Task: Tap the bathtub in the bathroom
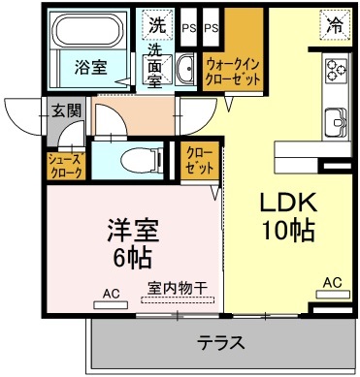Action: pyautogui.click(x=91, y=32)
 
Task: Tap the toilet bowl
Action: pyautogui.click(x=135, y=158)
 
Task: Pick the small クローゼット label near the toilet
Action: pyautogui.click(x=200, y=159)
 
